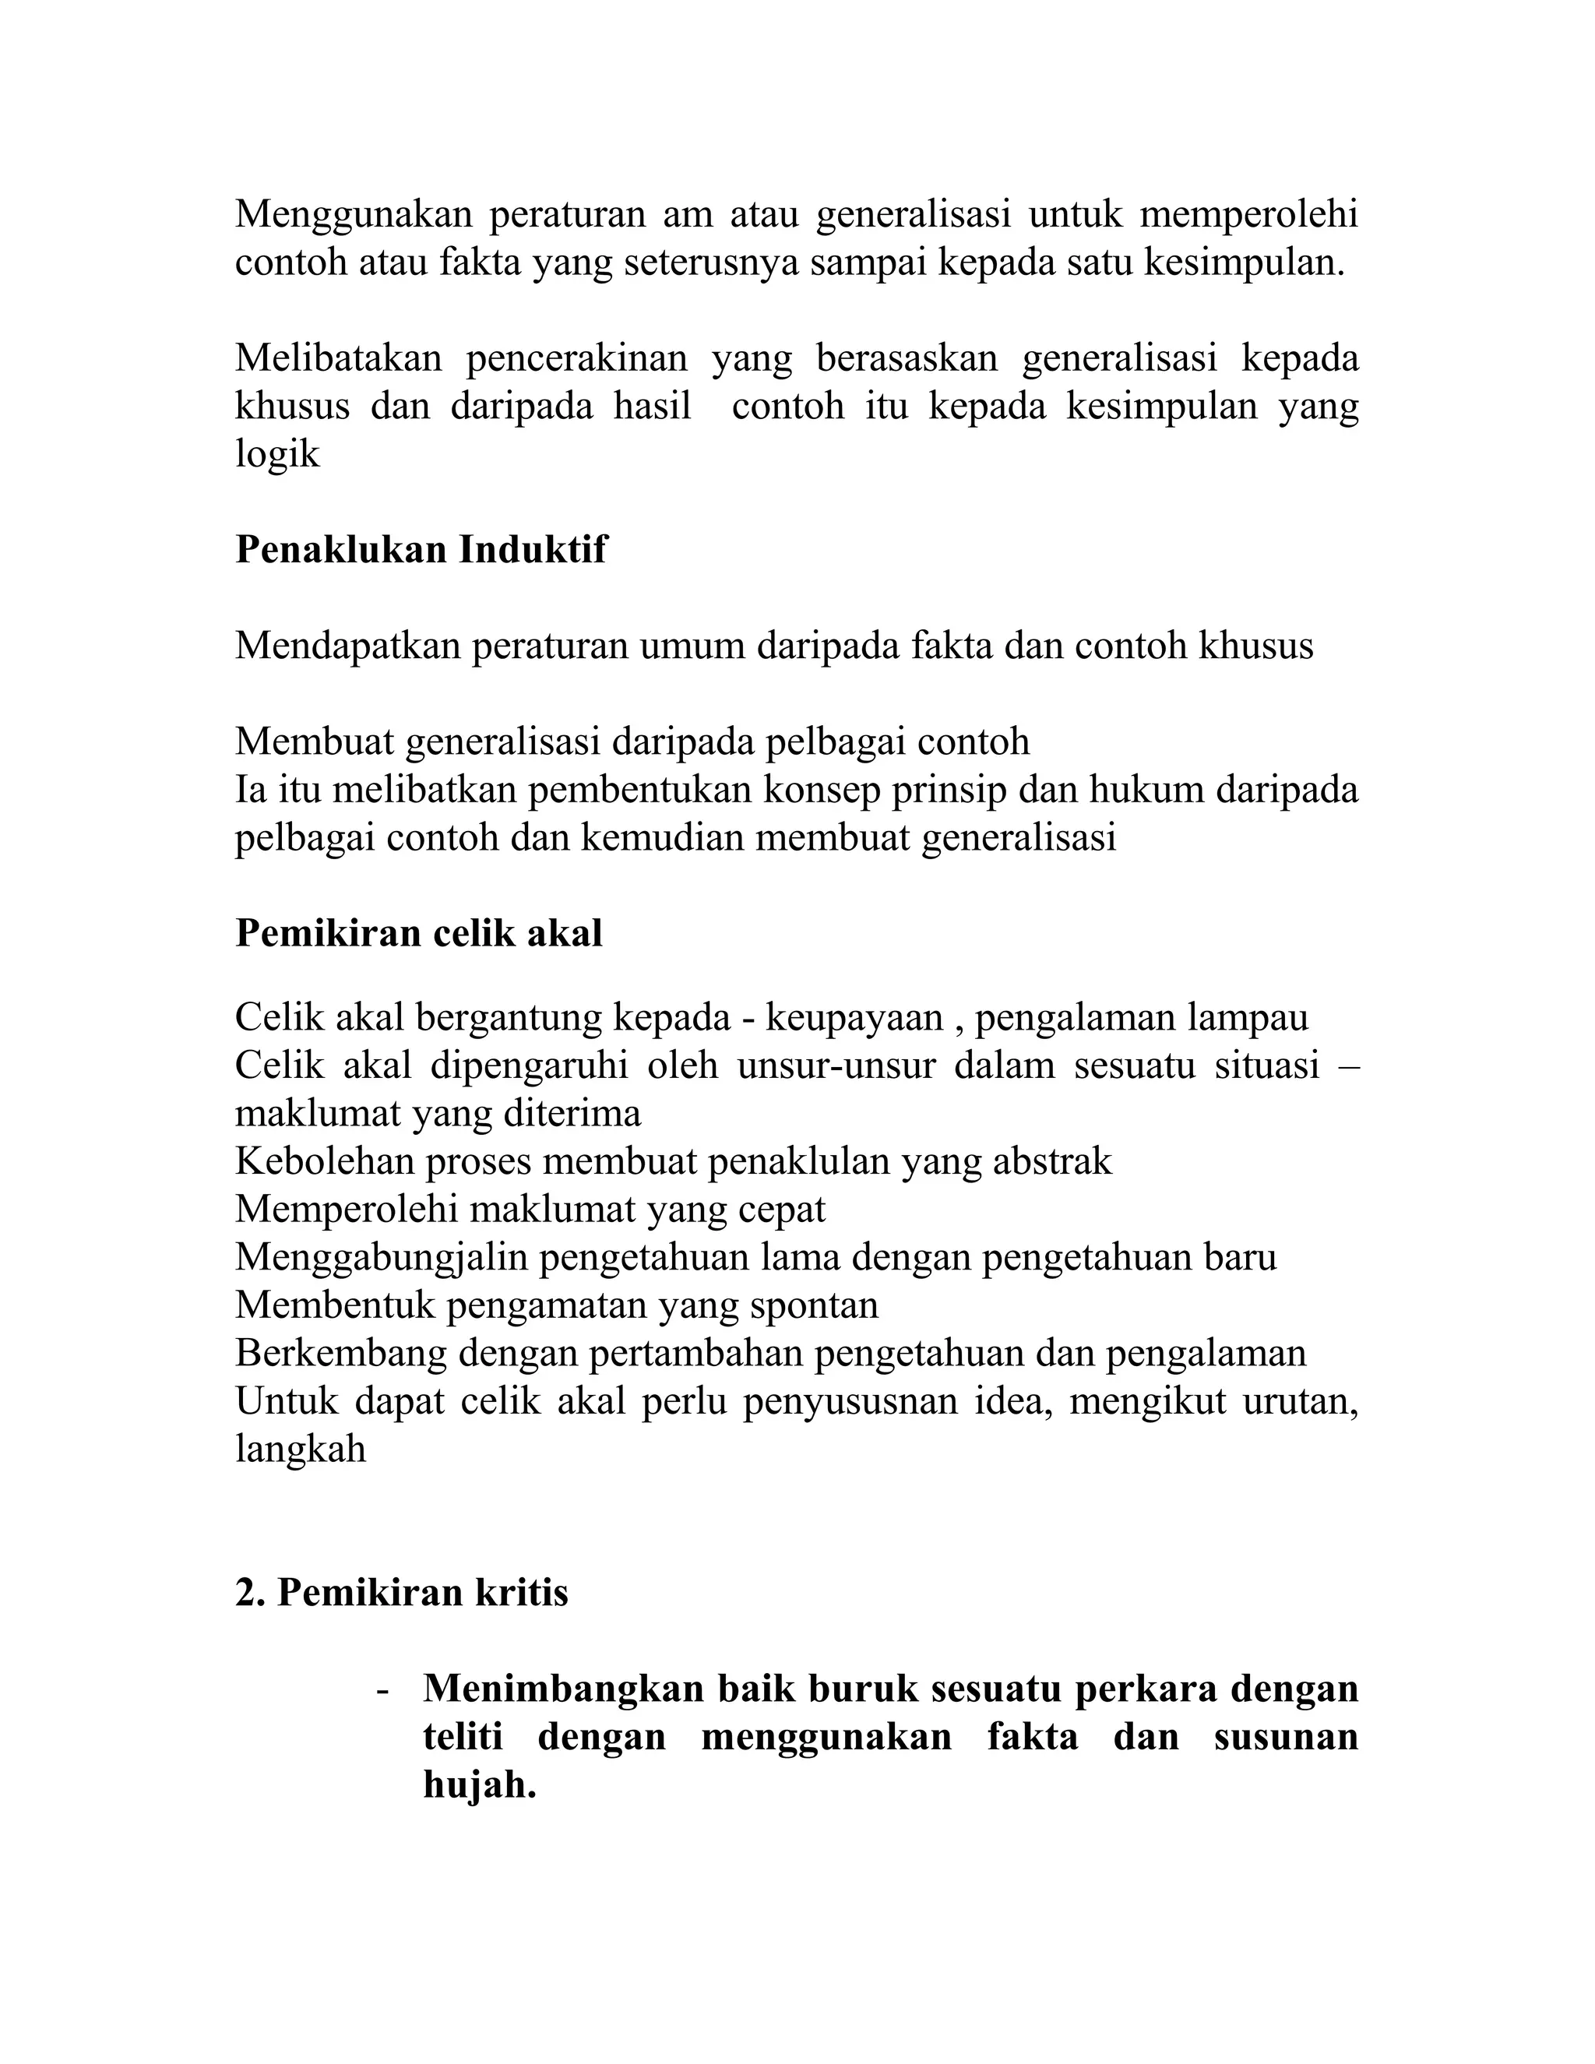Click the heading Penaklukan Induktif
pyautogui.click(x=421, y=549)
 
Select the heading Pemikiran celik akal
pyautogui.click(x=418, y=933)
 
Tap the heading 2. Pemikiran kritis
pyautogui.click(x=402, y=1593)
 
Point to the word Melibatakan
pyautogui.click(x=338, y=358)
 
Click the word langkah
pyautogui.click(x=300, y=1449)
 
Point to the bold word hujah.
pyautogui.click(x=479, y=1784)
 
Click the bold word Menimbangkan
pyautogui.click(x=563, y=1688)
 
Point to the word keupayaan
pyautogui.click(x=854, y=1018)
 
